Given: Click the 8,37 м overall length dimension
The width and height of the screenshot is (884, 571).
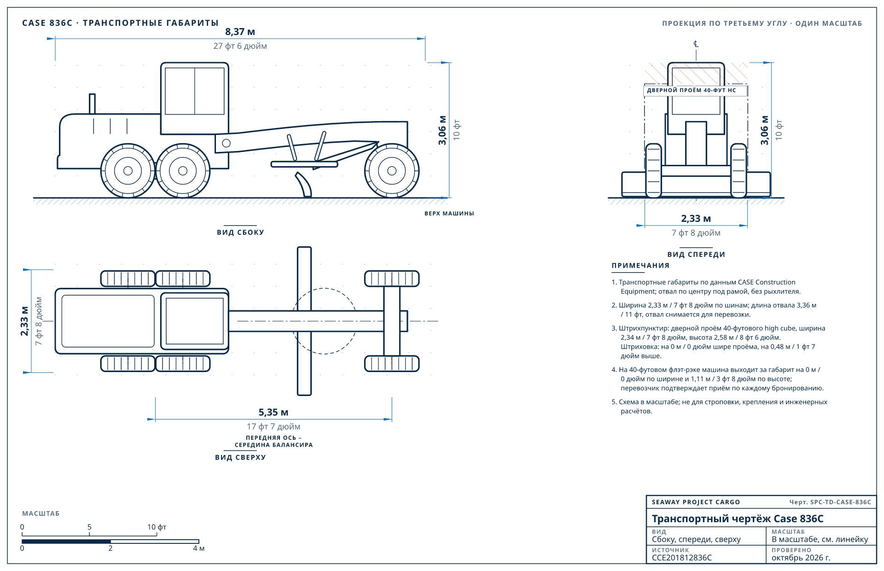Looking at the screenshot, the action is [240, 32].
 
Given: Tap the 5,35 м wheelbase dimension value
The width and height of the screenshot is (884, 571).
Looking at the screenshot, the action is [273, 412].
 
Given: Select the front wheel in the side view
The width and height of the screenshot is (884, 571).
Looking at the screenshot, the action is [392, 171].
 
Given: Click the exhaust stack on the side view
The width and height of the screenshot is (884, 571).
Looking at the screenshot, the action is [92, 104].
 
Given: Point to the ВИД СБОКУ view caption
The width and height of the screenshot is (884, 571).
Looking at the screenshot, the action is [240, 233].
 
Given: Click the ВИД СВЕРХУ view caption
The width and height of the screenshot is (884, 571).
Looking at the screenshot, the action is [240, 457].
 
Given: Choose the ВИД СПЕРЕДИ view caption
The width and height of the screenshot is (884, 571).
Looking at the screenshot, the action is [696, 255].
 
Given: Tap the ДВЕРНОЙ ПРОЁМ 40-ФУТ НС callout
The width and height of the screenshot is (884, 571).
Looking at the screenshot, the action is [692, 90].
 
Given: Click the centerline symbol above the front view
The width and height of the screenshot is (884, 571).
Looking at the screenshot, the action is [696, 44].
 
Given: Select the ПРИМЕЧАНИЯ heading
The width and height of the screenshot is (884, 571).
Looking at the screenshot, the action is [640, 266].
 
